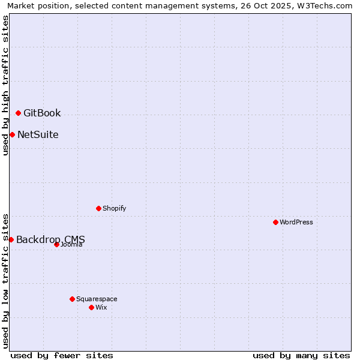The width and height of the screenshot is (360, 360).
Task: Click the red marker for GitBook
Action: coord(18,113)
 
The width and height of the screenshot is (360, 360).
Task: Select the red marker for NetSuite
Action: coord(12,134)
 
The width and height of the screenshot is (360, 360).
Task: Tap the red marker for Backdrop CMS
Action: coord(11,239)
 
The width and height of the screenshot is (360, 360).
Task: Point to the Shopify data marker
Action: coord(98,208)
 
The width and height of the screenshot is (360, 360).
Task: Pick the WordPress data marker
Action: coord(275,222)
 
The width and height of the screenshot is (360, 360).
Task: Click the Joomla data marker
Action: coord(56,244)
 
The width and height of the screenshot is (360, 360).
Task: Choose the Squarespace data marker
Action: coord(72,299)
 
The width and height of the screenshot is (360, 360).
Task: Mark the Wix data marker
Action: coord(91,307)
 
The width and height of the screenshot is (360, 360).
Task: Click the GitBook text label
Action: coord(42,113)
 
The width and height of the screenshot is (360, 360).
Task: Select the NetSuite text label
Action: coord(38,134)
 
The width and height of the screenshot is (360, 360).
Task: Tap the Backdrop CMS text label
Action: coord(50,239)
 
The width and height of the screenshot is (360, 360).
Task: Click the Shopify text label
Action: coord(114,208)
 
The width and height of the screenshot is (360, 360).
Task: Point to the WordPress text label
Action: coord(296,222)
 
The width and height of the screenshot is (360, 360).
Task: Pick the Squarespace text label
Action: coord(97,299)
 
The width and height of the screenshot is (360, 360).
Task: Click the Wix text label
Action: coord(101,307)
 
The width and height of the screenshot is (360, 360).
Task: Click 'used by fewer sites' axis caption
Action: coord(62,355)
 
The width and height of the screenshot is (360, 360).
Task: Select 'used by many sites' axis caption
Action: coord(301,355)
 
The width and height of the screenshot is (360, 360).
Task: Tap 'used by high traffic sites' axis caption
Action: coord(5,85)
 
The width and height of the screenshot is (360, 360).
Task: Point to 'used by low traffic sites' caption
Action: coord(5,280)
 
